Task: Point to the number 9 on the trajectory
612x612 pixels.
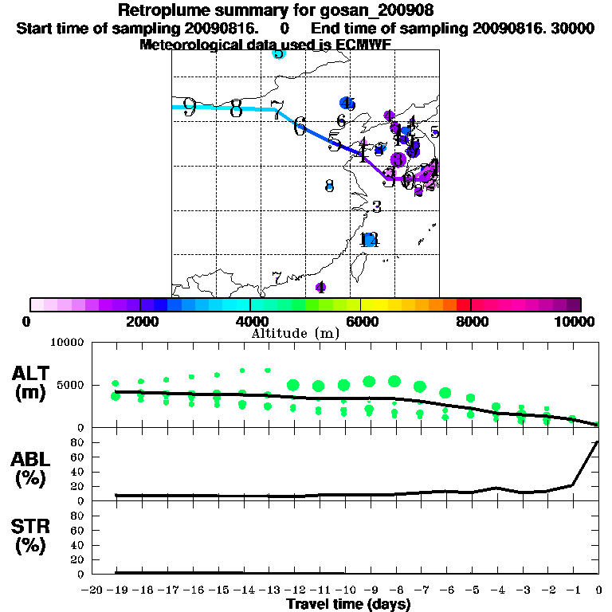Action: point(189,108)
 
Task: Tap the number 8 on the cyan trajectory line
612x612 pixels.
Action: point(236,108)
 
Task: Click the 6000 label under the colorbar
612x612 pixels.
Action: point(362,321)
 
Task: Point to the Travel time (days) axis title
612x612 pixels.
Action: point(348,605)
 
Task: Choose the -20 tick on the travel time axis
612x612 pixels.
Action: point(92,590)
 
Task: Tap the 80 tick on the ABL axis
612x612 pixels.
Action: point(79,442)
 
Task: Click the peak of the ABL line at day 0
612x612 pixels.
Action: point(598,441)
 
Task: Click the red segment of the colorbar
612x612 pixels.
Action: point(463,304)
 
